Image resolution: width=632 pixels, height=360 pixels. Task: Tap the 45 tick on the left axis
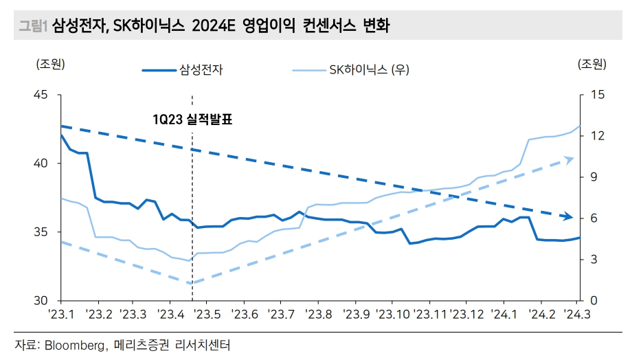[41, 95]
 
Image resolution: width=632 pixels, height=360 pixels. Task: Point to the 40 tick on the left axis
[41, 164]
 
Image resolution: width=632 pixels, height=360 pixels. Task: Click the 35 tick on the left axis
[41, 232]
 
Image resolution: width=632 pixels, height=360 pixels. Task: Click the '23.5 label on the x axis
[206, 314]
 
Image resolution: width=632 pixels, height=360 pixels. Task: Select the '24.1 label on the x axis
[504, 314]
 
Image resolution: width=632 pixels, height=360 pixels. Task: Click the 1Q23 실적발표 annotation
[193, 120]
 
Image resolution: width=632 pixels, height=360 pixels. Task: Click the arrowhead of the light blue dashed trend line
[569, 159]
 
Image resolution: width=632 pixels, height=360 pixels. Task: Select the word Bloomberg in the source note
[74, 344]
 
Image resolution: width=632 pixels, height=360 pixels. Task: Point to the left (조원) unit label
[50, 65]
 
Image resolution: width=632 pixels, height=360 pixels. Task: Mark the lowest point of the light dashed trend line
[192, 283]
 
